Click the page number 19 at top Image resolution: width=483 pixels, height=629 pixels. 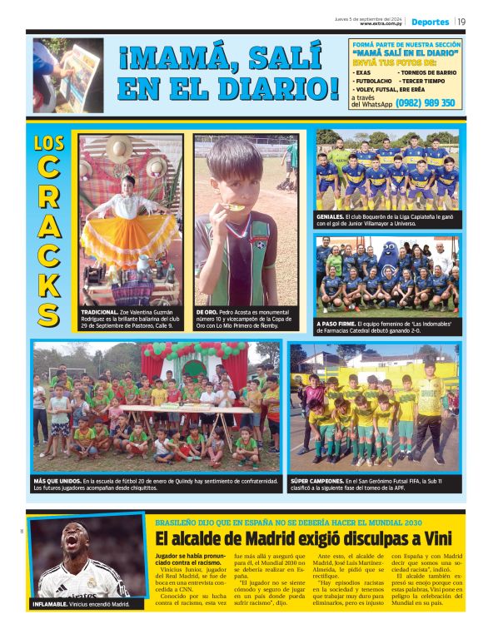pos(461,22)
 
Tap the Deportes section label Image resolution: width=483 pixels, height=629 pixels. pos(430,22)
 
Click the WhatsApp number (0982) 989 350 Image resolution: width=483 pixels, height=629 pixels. pos(425,102)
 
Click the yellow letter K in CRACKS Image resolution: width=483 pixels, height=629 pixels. pos(49,283)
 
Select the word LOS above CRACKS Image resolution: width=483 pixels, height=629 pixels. pos(49,142)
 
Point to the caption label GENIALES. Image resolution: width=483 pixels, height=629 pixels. pos(331,216)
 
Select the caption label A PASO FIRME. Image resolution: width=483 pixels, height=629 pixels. pos(337,324)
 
